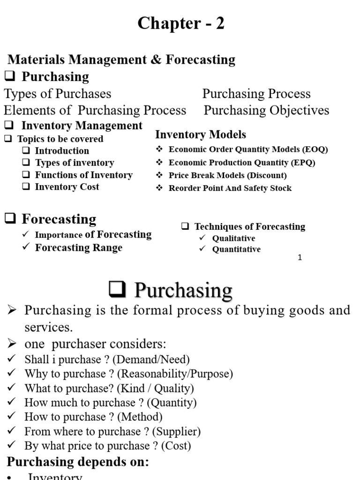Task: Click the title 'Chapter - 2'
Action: [x=180, y=23]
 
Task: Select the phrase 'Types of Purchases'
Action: [x=58, y=94]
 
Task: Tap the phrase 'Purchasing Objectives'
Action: [x=266, y=111]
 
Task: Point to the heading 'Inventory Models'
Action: [x=200, y=135]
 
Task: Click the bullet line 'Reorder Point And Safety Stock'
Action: [x=230, y=188]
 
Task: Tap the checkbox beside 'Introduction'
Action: [x=26, y=151]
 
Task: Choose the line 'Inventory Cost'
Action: [x=67, y=187]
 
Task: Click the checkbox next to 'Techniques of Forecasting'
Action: [x=186, y=227]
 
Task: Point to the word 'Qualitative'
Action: [x=233, y=238]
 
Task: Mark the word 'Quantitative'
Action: [x=236, y=249]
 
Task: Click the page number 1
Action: [x=300, y=258]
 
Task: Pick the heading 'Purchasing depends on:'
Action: [x=78, y=462]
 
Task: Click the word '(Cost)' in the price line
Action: [x=176, y=446]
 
